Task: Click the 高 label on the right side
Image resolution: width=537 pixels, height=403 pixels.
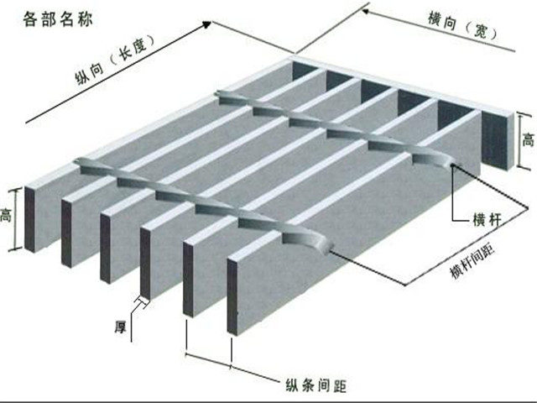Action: tap(528, 139)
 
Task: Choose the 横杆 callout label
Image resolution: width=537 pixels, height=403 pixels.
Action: tap(489, 221)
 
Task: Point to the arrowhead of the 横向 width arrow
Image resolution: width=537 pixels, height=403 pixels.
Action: tap(365, 11)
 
